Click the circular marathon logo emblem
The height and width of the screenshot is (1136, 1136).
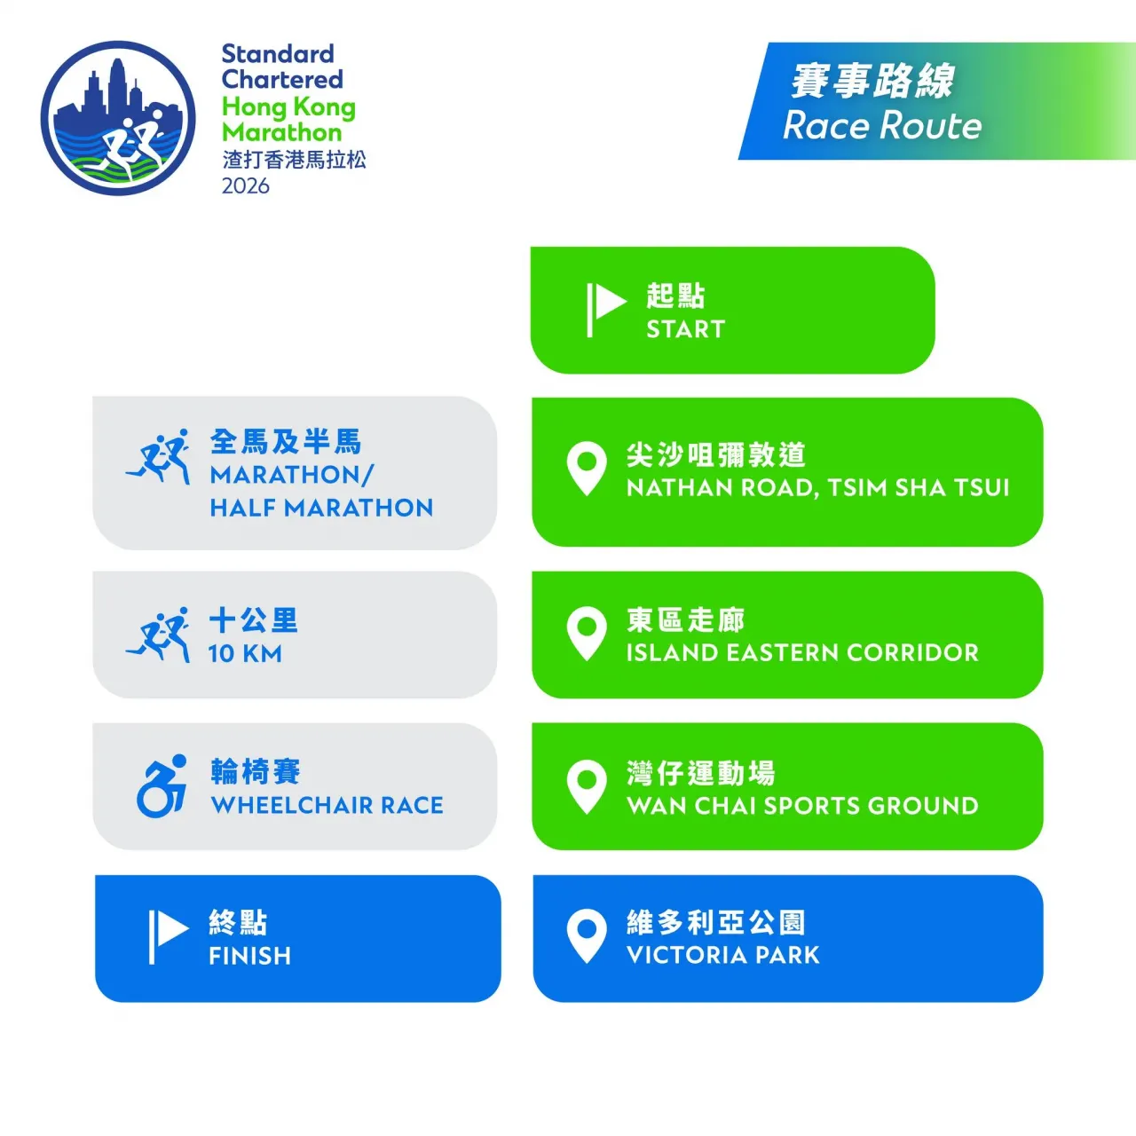click(x=118, y=118)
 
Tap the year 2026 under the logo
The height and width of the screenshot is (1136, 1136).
click(x=246, y=186)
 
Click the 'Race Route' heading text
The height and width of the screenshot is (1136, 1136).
click(x=882, y=126)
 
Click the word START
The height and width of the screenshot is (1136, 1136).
click(x=685, y=329)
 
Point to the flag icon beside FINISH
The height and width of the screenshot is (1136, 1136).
click(x=167, y=935)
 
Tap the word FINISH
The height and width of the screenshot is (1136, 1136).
click(x=249, y=956)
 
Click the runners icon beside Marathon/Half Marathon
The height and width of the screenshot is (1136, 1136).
click(x=159, y=457)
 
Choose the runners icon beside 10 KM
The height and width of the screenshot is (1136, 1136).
click(x=159, y=635)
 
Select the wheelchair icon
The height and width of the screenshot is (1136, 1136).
click(x=162, y=786)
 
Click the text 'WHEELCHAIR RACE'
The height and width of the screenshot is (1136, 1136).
click(x=327, y=805)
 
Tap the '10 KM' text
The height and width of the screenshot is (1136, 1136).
click(x=245, y=654)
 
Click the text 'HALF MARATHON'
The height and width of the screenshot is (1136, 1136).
click(x=321, y=508)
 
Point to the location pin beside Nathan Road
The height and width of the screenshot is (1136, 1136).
click(x=586, y=468)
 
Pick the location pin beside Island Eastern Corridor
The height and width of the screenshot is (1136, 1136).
click(x=586, y=632)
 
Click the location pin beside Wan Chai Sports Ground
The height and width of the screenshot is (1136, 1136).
click(x=586, y=785)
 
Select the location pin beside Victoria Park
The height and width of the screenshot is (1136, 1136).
click(x=586, y=935)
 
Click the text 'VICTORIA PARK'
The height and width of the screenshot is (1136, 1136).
click(x=722, y=955)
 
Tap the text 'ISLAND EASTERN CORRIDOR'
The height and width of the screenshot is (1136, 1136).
click(x=802, y=652)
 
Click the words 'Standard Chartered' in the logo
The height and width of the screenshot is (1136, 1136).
click(x=281, y=67)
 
